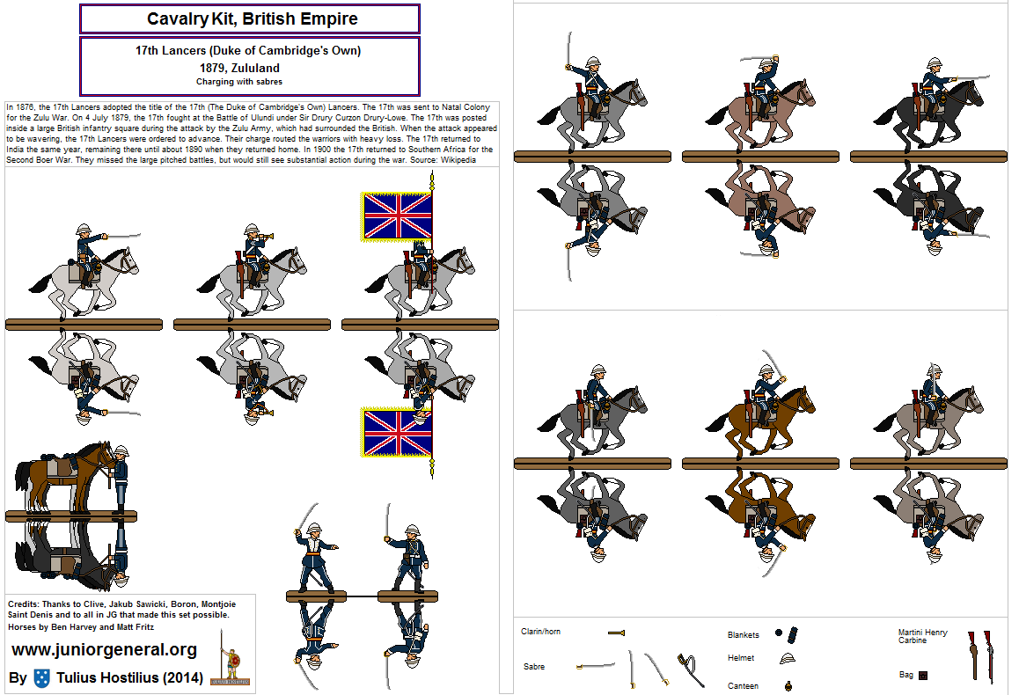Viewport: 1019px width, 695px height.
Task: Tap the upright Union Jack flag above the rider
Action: pos(398,216)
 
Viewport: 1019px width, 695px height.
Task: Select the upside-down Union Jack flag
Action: pos(398,432)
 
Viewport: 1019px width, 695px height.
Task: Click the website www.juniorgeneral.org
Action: pos(104,650)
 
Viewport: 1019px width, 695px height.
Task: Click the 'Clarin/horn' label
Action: pos(541,633)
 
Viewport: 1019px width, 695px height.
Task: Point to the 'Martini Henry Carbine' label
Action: pos(923,636)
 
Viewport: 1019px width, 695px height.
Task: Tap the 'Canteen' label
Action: pos(743,685)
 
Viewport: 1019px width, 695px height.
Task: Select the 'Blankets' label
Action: pos(744,634)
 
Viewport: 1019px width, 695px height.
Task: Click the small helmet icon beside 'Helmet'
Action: pos(787,659)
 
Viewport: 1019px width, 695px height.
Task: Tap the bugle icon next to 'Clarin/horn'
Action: pos(616,633)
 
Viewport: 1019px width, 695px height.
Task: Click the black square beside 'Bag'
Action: pos(923,676)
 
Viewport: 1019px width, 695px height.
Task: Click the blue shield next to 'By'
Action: pos(41,677)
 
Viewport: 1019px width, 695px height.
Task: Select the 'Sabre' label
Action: pos(533,667)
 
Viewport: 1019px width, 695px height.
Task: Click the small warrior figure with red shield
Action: pos(231,664)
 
